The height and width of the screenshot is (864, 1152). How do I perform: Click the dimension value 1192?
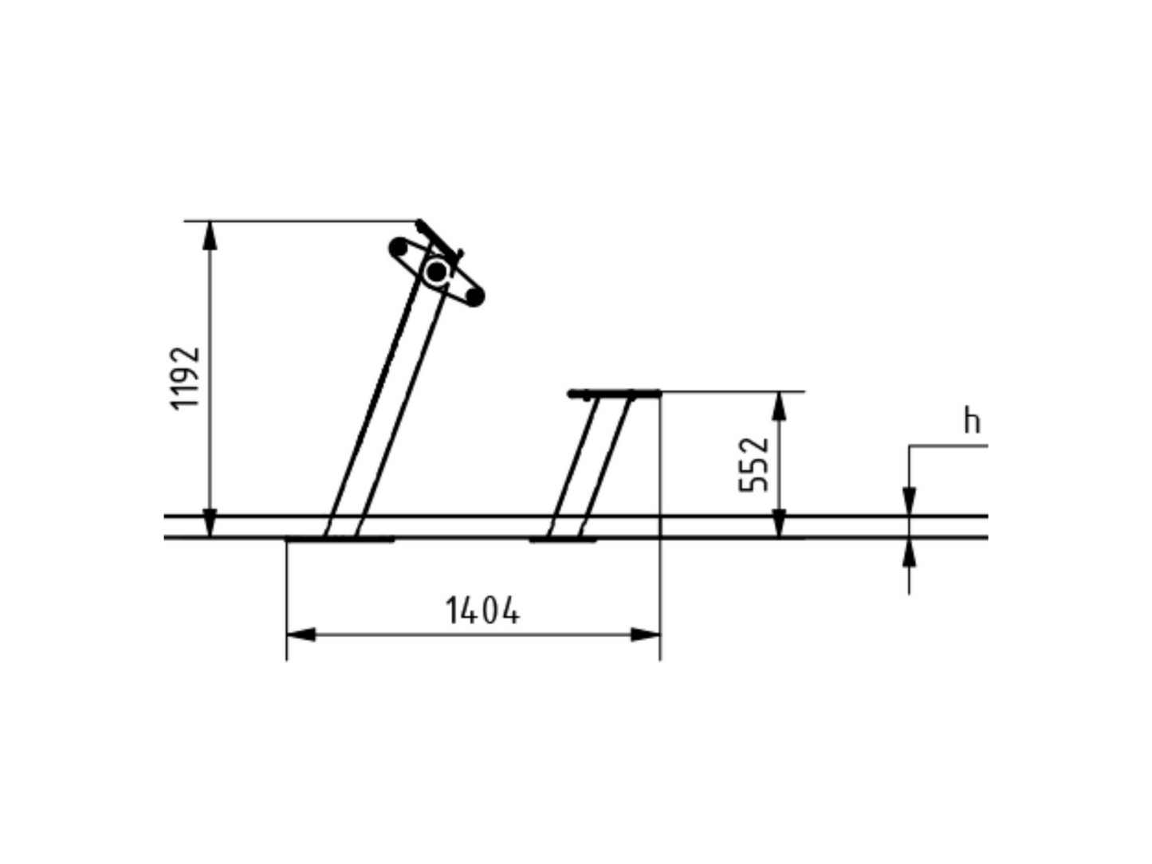click(x=185, y=378)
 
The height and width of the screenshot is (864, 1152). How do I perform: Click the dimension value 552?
click(x=753, y=465)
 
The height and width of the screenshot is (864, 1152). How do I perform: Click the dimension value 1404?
click(x=482, y=611)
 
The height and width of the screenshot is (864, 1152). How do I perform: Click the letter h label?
click(x=972, y=421)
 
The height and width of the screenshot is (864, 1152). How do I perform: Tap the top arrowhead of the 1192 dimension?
click(x=210, y=235)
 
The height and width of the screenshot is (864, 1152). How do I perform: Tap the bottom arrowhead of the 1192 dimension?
click(x=210, y=523)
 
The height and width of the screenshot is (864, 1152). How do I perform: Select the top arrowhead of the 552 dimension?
click(x=780, y=406)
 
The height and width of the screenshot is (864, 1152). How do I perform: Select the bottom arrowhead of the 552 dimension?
click(x=780, y=523)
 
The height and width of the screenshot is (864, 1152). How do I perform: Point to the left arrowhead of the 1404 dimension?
click(x=301, y=634)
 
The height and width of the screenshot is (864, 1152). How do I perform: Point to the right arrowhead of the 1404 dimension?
click(x=646, y=634)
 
